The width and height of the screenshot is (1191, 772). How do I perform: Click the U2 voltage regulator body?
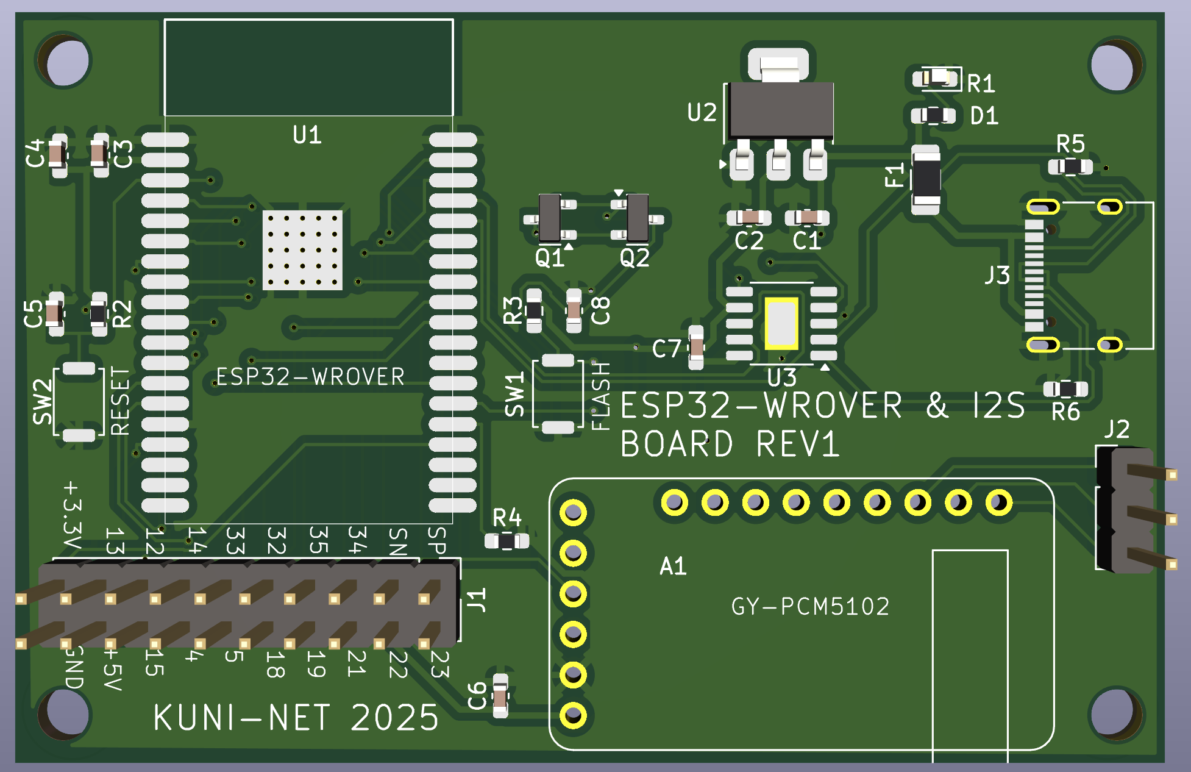[781, 110]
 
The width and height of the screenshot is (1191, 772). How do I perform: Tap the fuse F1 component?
[926, 179]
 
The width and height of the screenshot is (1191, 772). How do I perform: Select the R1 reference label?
[981, 84]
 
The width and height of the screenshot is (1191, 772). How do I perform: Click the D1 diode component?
[933, 115]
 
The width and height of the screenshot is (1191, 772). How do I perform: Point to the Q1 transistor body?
[550, 218]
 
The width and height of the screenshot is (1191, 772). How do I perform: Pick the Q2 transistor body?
[638, 218]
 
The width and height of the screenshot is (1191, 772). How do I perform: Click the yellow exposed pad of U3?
[781, 323]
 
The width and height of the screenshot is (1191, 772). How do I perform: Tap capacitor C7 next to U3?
[696, 348]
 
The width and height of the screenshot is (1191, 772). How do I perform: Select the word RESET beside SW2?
[121, 401]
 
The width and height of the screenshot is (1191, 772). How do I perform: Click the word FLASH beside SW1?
[601, 395]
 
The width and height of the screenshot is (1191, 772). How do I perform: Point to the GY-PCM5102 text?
[810, 607]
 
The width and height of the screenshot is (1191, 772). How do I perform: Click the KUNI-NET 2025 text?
[296, 718]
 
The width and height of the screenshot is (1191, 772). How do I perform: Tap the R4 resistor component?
[507, 541]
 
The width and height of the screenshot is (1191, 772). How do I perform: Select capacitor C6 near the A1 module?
[500, 696]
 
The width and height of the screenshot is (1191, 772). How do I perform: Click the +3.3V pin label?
[72, 516]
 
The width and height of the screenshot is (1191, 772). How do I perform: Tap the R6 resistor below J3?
[1065, 388]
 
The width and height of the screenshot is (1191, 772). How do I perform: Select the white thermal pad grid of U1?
[302, 250]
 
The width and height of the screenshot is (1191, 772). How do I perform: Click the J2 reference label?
[1117, 429]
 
